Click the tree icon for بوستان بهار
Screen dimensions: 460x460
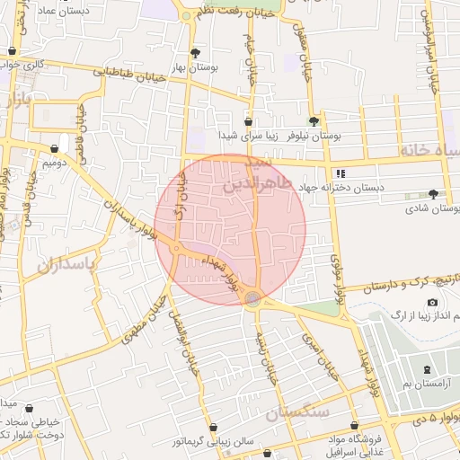[196, 53]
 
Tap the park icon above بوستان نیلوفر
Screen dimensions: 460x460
[313, 120]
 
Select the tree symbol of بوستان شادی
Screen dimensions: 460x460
[434, 194]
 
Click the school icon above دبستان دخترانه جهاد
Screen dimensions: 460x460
[340, 173]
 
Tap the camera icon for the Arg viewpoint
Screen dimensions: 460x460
[432, 303]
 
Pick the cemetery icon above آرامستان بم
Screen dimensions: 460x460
[427, 370]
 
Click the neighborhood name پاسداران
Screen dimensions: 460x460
[66, 266]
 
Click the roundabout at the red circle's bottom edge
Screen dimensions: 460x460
[254, 298]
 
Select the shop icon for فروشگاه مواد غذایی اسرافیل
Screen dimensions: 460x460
[354, 425]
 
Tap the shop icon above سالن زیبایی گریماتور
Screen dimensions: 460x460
[213, 428]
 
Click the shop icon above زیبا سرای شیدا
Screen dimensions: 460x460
[249, 121]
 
